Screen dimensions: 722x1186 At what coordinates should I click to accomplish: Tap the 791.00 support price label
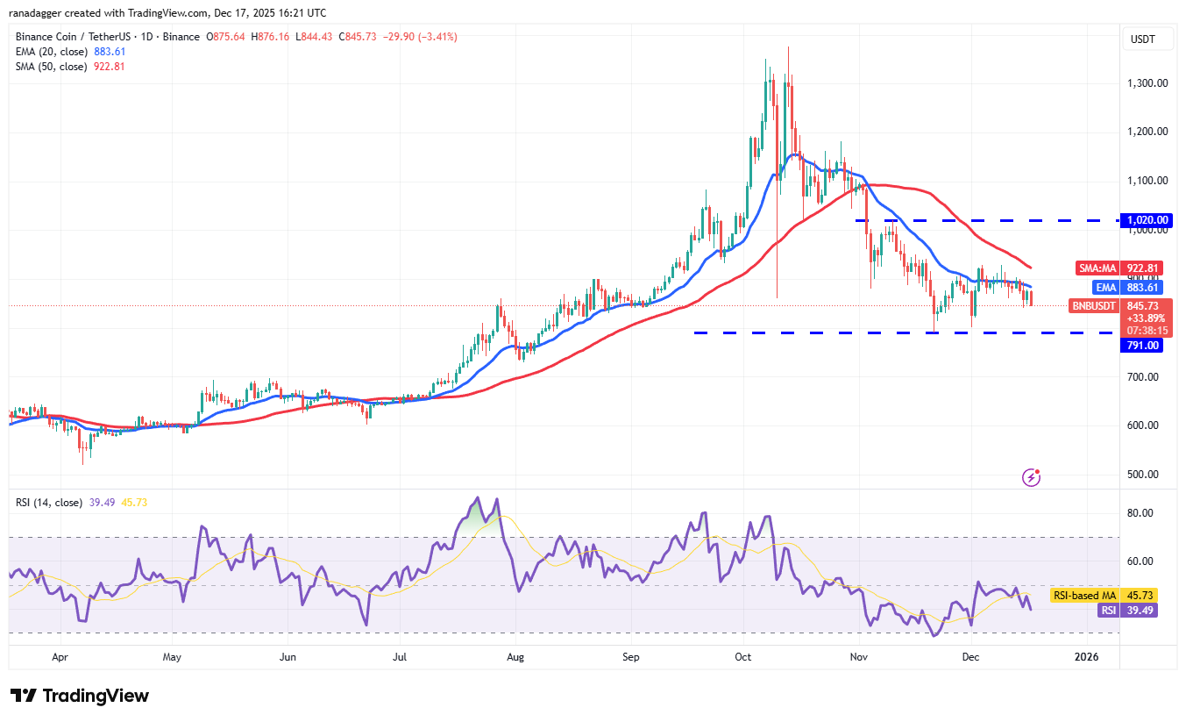[1143, 346]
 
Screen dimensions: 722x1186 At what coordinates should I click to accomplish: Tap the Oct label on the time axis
[744, 656]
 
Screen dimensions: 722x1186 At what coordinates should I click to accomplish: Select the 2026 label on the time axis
[1086, 656]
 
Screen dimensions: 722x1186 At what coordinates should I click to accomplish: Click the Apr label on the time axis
[60, 656]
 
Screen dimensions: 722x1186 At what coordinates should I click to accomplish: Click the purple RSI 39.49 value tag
[1127, 610]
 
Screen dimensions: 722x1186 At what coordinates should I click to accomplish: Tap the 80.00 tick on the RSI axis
[1140, 513]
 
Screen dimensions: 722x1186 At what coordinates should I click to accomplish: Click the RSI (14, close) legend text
[49, 503]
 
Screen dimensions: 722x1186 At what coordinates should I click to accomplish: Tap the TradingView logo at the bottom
[80, 696]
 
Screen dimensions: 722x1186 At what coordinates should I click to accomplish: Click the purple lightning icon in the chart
[1032, 477]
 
